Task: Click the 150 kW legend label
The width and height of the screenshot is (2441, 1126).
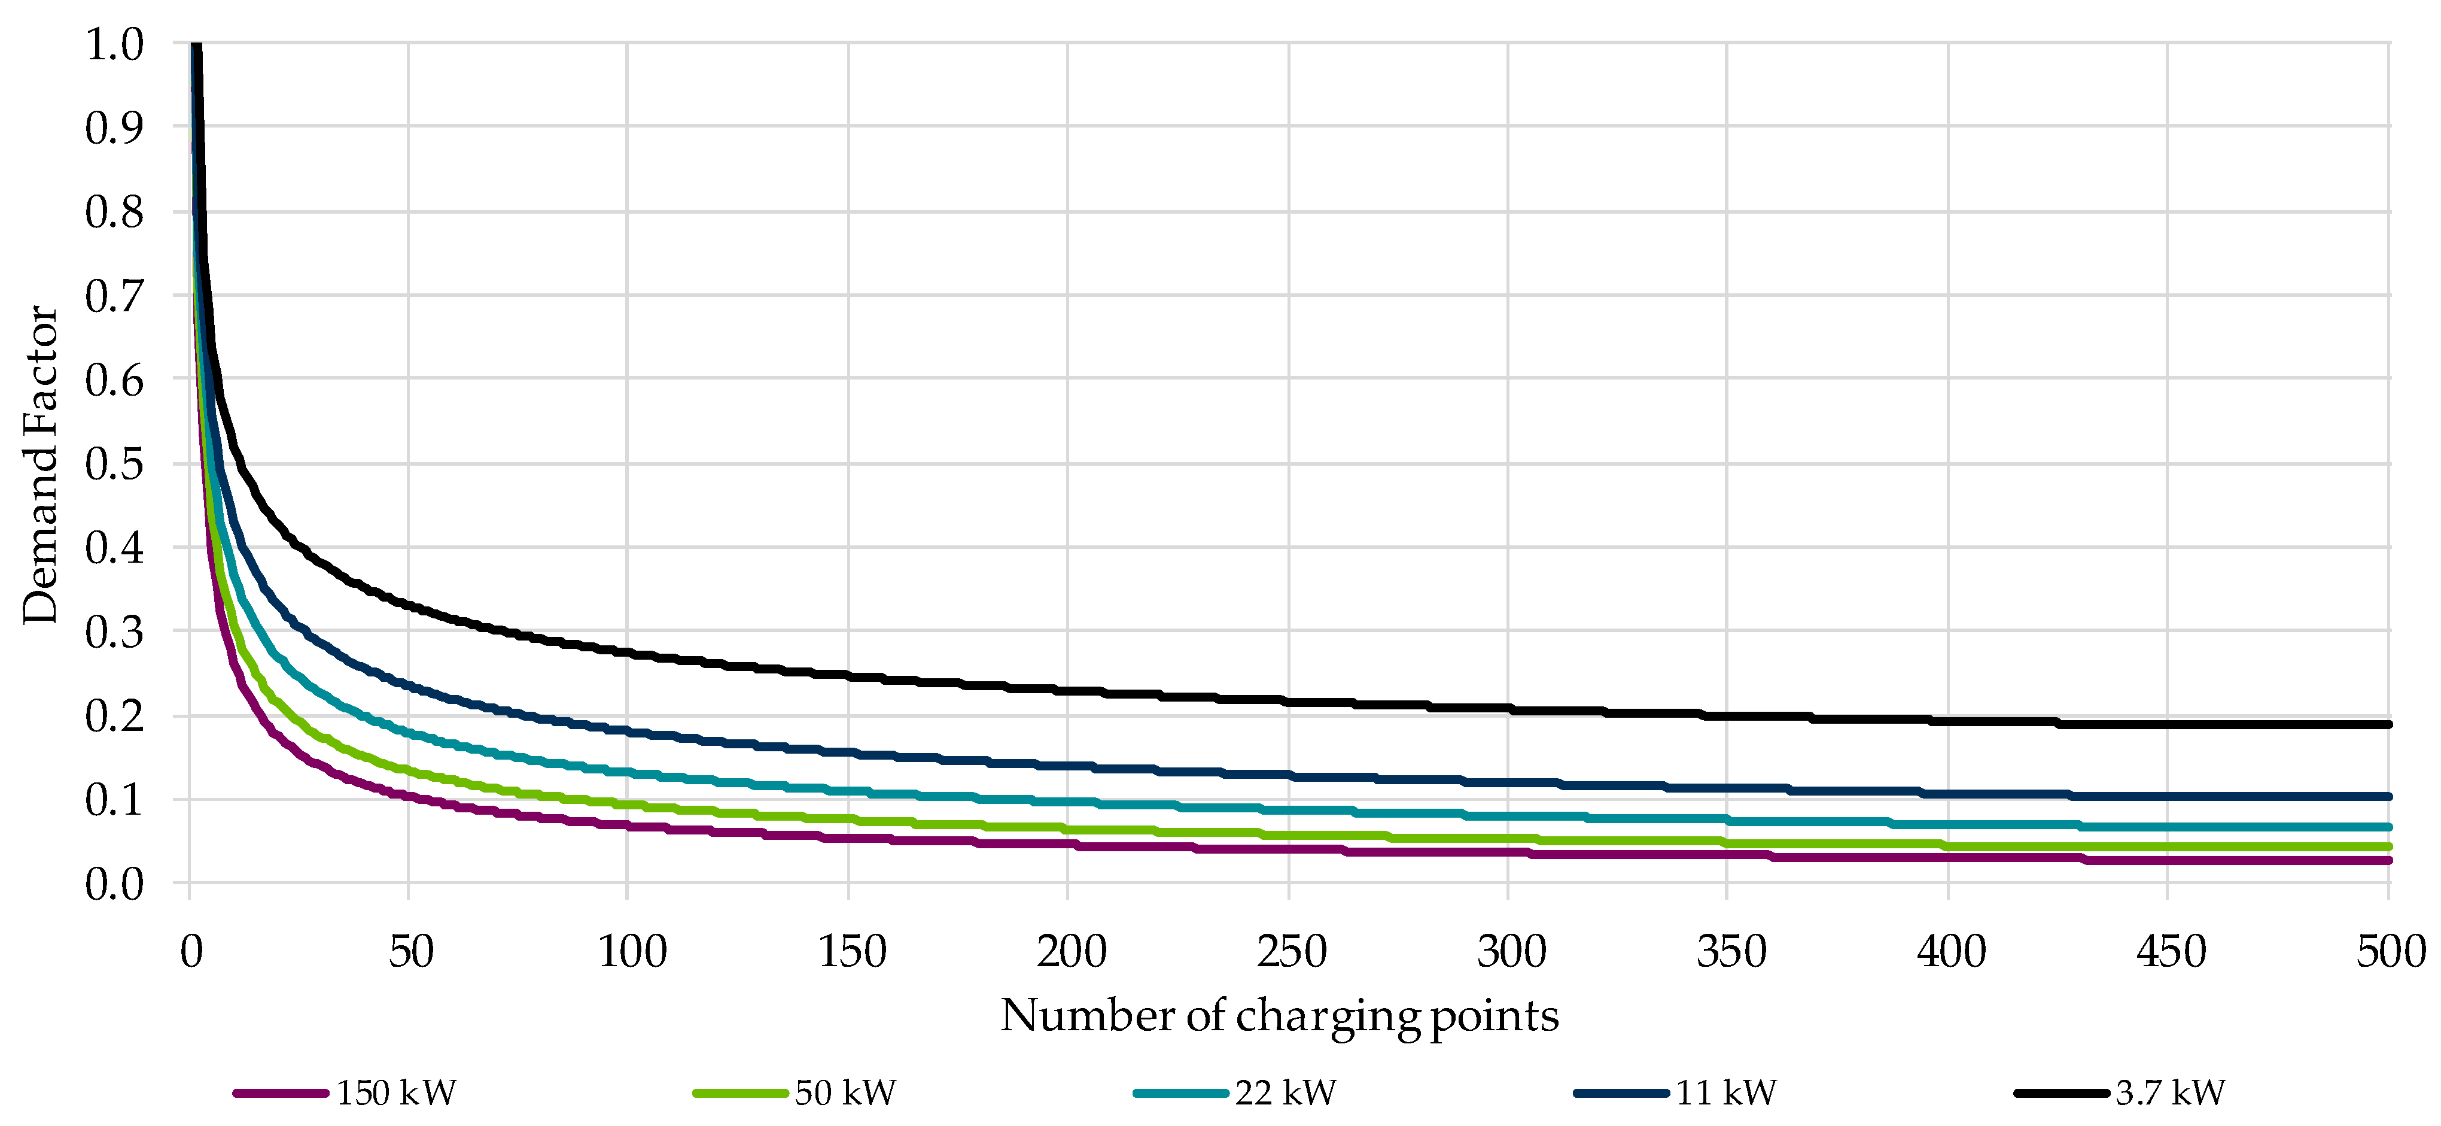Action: [x=396, y=1093]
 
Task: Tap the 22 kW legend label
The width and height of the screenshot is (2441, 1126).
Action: [x=1285, y=1093]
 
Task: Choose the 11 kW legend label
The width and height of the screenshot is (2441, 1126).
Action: [x=1725, y=1093]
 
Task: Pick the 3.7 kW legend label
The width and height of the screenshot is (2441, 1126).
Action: [x=2170, y=1093]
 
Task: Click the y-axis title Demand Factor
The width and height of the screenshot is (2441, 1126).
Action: [x=40, y=465]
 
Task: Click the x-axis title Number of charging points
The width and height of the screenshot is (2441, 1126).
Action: [x=1279, y=1015]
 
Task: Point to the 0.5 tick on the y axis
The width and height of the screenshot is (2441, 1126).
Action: [x=115, y=463]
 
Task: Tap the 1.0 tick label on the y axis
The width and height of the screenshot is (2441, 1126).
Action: [x=115, y=44]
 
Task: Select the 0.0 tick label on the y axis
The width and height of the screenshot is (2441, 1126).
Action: [x=115, y=884]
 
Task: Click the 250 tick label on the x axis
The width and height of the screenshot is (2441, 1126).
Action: [x=1290, y=951]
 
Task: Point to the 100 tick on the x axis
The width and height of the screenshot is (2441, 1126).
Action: [x=632, y=951]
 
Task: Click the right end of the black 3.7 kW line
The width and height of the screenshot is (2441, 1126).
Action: [x=2387, y=724]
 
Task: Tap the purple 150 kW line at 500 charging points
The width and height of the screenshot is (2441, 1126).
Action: [x=2387, y=861]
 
